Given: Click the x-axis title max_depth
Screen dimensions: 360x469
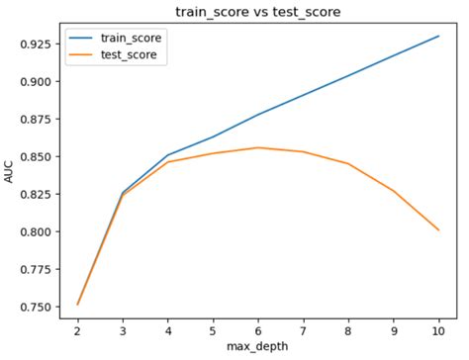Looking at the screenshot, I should [x=258, y=349].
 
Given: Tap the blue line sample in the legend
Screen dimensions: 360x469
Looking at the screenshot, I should [x=83, y=38].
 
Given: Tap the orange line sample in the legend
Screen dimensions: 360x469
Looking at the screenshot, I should [x=83, y=55].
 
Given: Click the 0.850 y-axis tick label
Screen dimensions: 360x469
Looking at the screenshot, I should [x=37, y=157].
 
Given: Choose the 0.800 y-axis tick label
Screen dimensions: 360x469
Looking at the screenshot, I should [x=37, y=232].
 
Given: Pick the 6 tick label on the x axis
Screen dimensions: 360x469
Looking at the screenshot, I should [x=258, y=330].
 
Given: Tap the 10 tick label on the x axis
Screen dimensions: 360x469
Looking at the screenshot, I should [x=438, y=330].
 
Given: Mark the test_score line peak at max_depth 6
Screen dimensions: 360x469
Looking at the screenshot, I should [x=258, y=147].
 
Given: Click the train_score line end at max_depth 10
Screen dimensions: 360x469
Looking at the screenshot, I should [x=438, y=36].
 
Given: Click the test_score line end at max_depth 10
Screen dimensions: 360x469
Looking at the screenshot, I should [x=438, y=229].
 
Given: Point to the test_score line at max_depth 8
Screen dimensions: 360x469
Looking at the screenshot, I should [x=348, y=163].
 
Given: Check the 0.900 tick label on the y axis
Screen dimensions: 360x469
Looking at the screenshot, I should [x=37, y=82].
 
